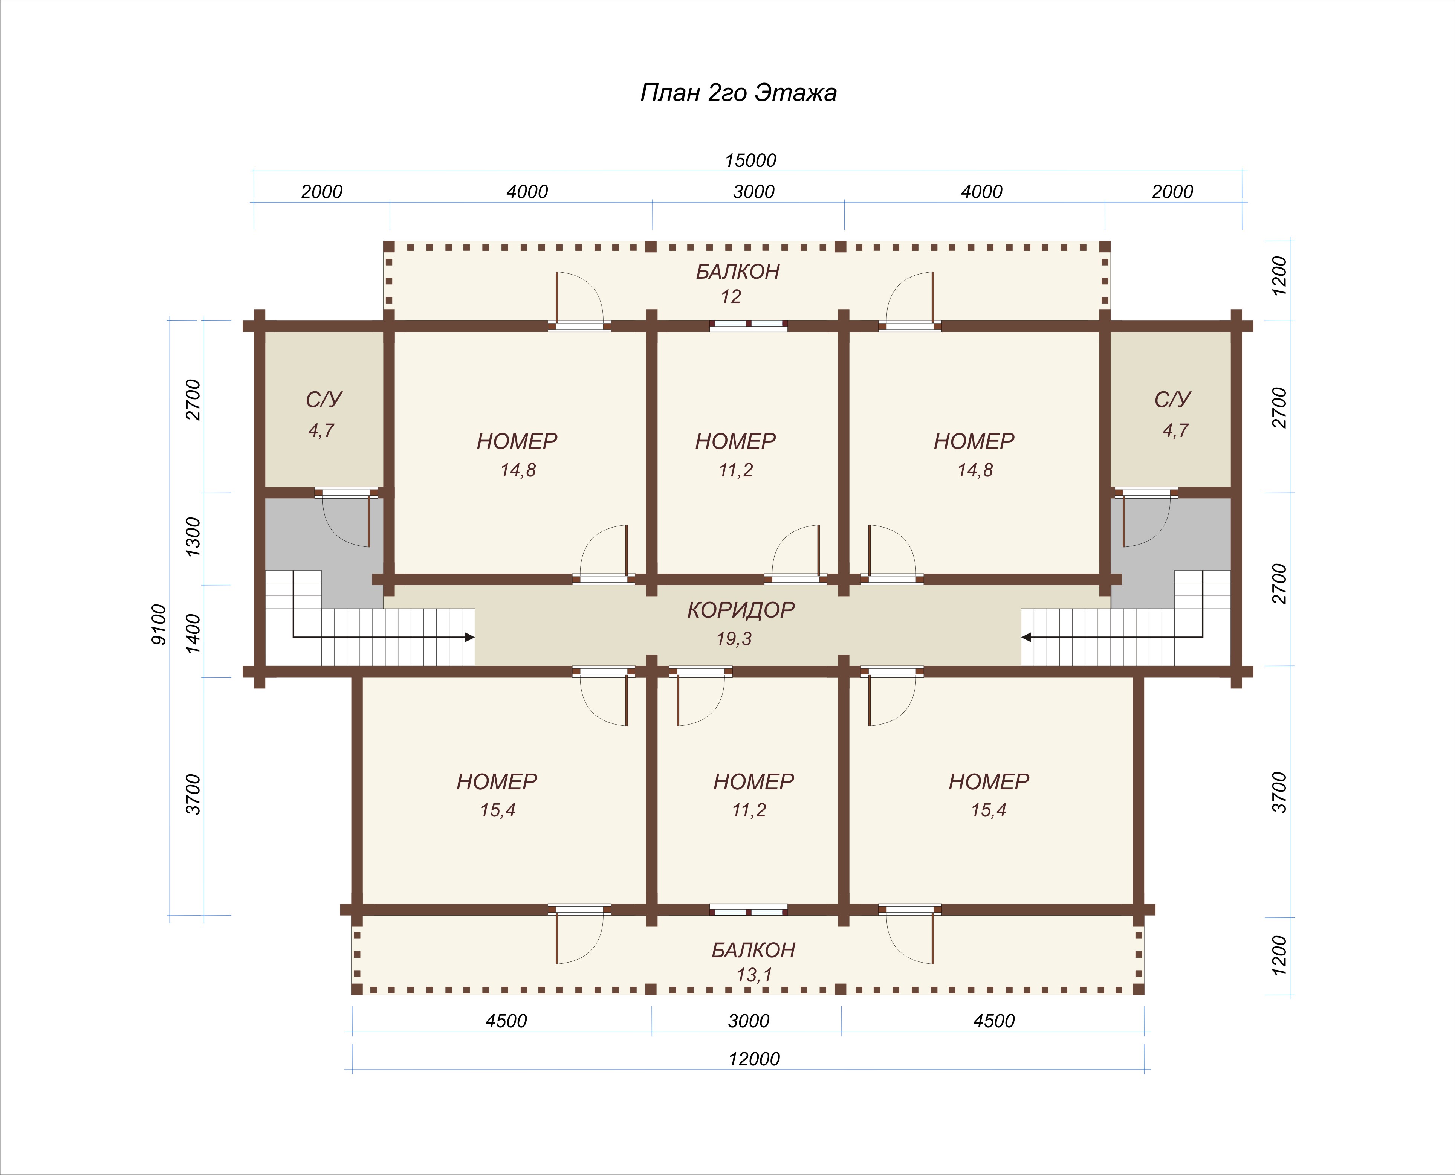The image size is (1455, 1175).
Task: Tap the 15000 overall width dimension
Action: pos(750,160)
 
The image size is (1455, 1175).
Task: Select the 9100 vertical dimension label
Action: pos(159,624)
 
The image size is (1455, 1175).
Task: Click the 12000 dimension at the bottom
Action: pos(753,1059)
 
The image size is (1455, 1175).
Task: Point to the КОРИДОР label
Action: pos(741,610)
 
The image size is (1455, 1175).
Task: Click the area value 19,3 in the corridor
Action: pos(734,638)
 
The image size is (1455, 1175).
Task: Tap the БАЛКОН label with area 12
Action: pos(737,272)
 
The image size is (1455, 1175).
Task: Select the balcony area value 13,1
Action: pos(753,975)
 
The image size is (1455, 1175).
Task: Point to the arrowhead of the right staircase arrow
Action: pos(1026,637)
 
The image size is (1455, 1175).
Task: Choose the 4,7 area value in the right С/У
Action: pos(1175,430)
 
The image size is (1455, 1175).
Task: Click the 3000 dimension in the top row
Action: pos(753,192)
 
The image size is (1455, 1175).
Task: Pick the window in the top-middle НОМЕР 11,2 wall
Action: pos(748,325)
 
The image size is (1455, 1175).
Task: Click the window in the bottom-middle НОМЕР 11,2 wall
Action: pos(748,909)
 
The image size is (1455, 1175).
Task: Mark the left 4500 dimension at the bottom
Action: pos(506,1021)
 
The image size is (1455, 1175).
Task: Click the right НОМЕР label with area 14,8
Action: pos(974,441)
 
